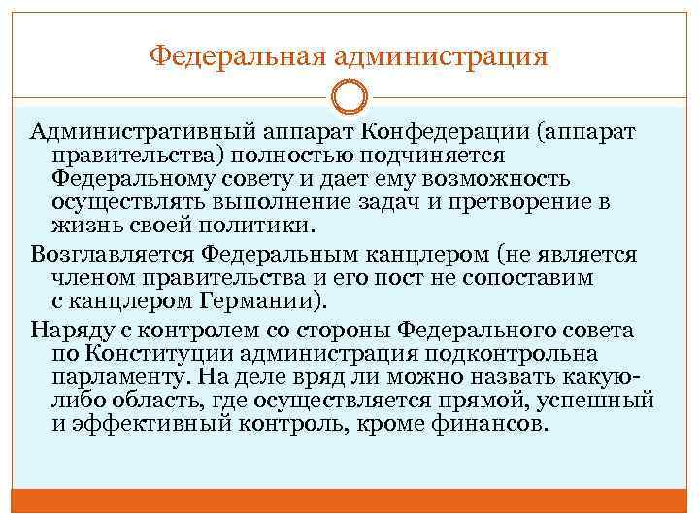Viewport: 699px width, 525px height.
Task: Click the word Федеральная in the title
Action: pyautogui.click(x=236, y=53)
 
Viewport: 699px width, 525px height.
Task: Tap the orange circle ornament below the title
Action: pyautogui.click(x=349, y=97)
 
